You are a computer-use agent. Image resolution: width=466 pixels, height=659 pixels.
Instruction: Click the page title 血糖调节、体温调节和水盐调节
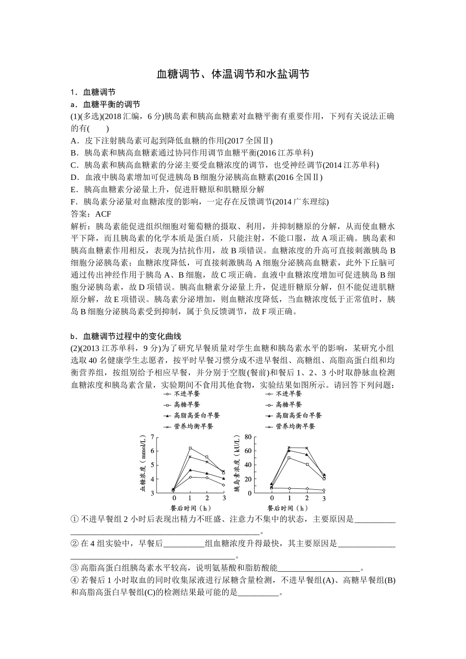[233, 74]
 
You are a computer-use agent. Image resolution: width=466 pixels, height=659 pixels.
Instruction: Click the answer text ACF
[103, 214]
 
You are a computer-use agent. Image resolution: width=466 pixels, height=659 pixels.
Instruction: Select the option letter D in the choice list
[75, 177]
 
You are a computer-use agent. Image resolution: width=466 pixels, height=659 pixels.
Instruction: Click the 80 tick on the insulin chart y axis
[247, 436]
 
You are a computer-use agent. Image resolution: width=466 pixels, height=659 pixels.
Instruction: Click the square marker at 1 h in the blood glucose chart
[190, 448]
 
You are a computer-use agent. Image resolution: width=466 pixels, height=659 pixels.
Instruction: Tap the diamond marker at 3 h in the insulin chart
[324, 490]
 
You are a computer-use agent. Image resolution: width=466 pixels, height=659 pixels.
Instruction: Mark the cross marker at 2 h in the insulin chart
[307, 448]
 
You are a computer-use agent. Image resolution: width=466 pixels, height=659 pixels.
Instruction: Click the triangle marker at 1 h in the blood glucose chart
[190, 470]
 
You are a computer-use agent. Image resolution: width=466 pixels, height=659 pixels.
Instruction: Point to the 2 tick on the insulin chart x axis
[307, 498]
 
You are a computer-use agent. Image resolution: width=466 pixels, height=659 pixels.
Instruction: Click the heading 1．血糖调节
[93, 92]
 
